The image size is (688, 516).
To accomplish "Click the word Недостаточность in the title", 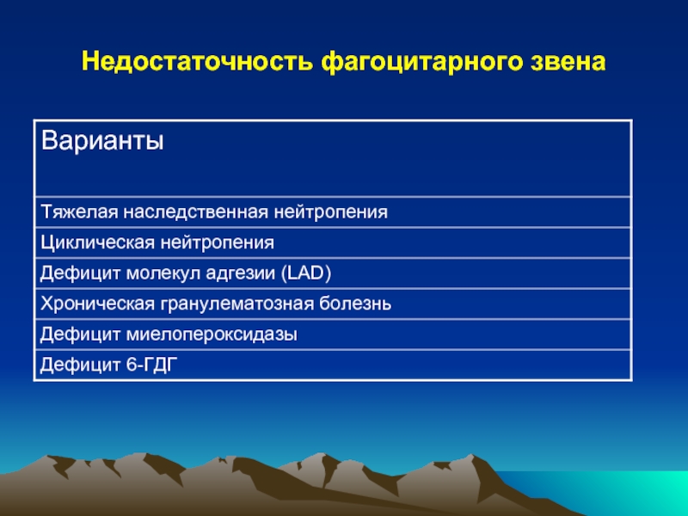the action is [198, 61].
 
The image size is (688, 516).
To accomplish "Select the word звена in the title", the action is [568, 62].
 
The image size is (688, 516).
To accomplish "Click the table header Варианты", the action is [102, 140].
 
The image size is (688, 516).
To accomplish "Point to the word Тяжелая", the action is [79, 212].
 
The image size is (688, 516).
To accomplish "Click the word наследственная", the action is [196, 212].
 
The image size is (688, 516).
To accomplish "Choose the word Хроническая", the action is [98, 304].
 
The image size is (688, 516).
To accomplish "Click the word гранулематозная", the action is [237, 304].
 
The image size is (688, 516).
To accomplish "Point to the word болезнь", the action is [355, 304].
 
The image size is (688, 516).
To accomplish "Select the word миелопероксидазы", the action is [212, 335].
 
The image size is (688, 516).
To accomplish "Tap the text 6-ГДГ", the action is [152, 365].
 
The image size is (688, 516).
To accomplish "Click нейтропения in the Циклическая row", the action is [218, 243].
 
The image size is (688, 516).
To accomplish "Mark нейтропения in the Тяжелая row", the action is [331, 212].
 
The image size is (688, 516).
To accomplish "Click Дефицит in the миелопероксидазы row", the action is [81, 335].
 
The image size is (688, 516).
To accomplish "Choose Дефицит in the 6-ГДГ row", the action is [81, 365].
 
